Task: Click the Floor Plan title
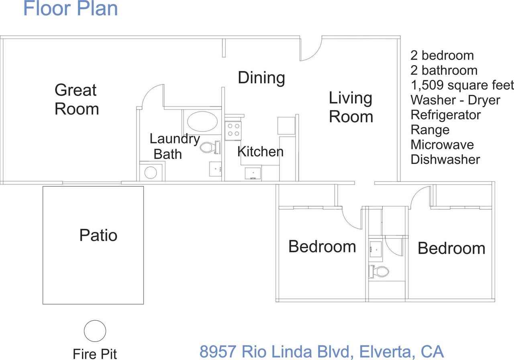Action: (x=71, y=8)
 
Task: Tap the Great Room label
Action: (x=76, y=99)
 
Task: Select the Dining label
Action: (x=261, y=77)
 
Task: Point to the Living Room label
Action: (x=351, y=107)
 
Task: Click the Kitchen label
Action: (x=260, y=151)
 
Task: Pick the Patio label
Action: (x=98, y=235)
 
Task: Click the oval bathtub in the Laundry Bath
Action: (x=203, y=121)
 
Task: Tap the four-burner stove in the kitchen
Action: (x=233, y=129)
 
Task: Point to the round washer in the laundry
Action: (x=150, y=172)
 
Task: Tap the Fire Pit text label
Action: (x=95, y=354)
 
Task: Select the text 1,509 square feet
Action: (x=462, y=85)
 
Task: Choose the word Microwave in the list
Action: (x=442, y=144)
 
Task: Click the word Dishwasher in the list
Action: (x=445, y=160)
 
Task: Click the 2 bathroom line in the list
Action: (x=444, y=70)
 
